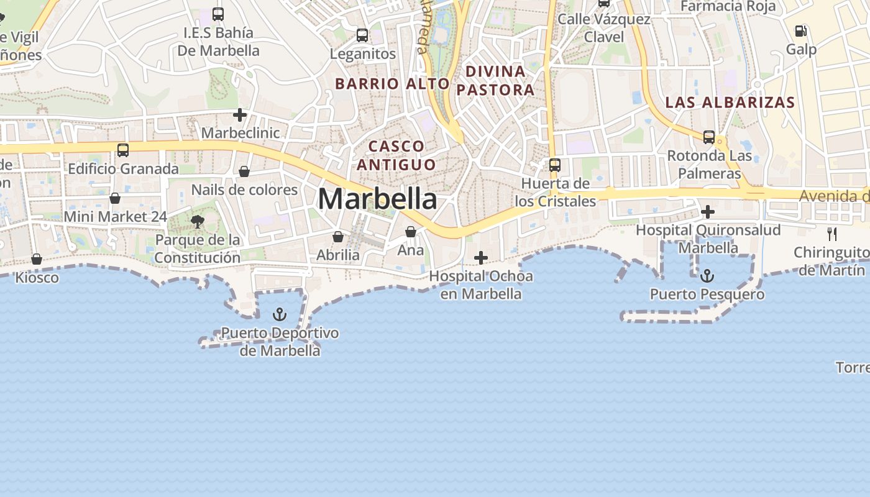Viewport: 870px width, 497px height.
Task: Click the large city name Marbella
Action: [x=377, y=199]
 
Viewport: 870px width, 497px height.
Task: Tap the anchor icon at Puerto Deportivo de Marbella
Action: [x=280, y=314]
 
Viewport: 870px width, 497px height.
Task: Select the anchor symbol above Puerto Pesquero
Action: [x=707, y=276]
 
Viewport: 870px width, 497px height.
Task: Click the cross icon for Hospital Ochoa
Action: [x=481, y=258]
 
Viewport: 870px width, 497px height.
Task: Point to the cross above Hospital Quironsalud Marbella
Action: [x=707, y=212]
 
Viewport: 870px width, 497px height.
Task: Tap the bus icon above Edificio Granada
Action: [x=123, y=150]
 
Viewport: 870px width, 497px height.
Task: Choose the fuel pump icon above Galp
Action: [x=801, y=30]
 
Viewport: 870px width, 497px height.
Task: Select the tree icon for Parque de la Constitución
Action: [x=198, y=222]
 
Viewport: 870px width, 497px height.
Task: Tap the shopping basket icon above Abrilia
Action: [x=338, y=237]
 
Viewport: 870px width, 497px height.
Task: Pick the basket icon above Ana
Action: [x=411, y=232]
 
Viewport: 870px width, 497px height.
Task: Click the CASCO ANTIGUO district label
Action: [x=396, y=155]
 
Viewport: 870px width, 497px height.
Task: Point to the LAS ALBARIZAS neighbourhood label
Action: [x=730, y=103]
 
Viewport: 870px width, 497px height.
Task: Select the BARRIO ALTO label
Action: [x=392, y=84]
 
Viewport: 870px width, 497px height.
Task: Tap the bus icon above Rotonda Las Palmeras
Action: [x=709, y=137]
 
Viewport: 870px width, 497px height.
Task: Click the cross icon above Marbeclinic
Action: [x=240, y=115]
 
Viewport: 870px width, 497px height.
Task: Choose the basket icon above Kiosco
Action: [x=37, y=259]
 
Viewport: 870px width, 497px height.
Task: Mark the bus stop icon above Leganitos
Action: [x=362, y=35]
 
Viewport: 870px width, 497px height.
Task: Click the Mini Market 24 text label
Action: [x=116, y=217]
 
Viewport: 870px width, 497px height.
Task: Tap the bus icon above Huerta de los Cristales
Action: [x=555, y=165]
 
